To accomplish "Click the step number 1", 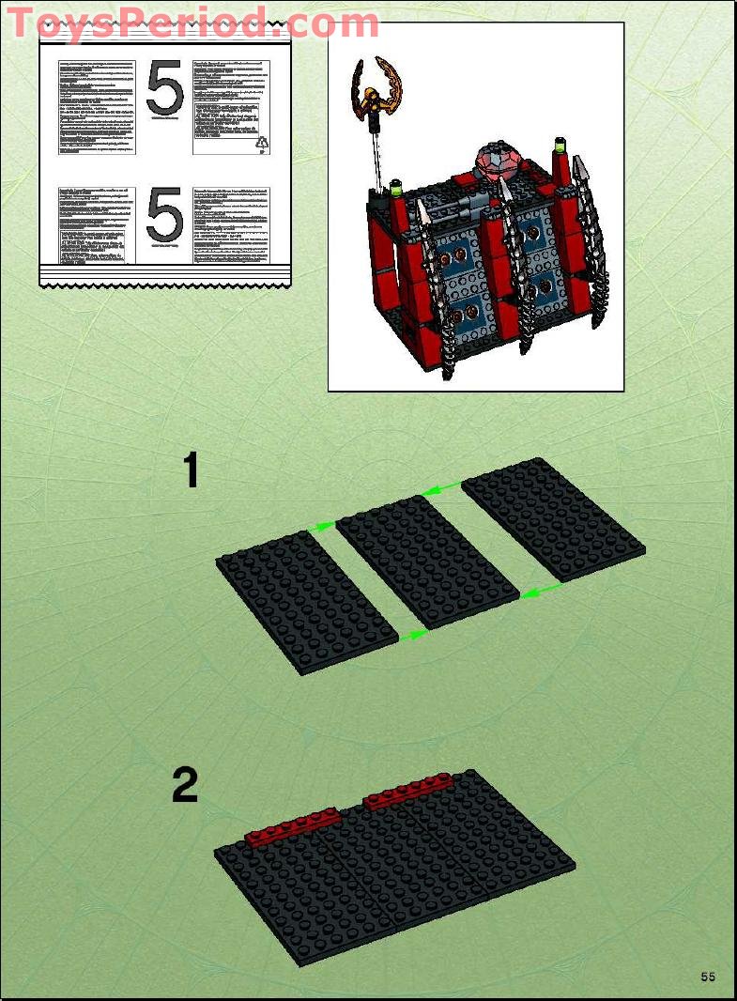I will click(191, 470).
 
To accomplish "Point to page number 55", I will click(707, 977).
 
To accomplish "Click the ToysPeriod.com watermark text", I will click(192, 23).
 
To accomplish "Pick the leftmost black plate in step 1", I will click(307, 602).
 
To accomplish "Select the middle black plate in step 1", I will click(427, 560).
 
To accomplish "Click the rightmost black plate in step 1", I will click(553, 517).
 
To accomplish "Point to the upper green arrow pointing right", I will click(321, 528).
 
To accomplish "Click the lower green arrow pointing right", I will click(412, 636).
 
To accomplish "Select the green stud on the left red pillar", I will click(396, 193).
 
